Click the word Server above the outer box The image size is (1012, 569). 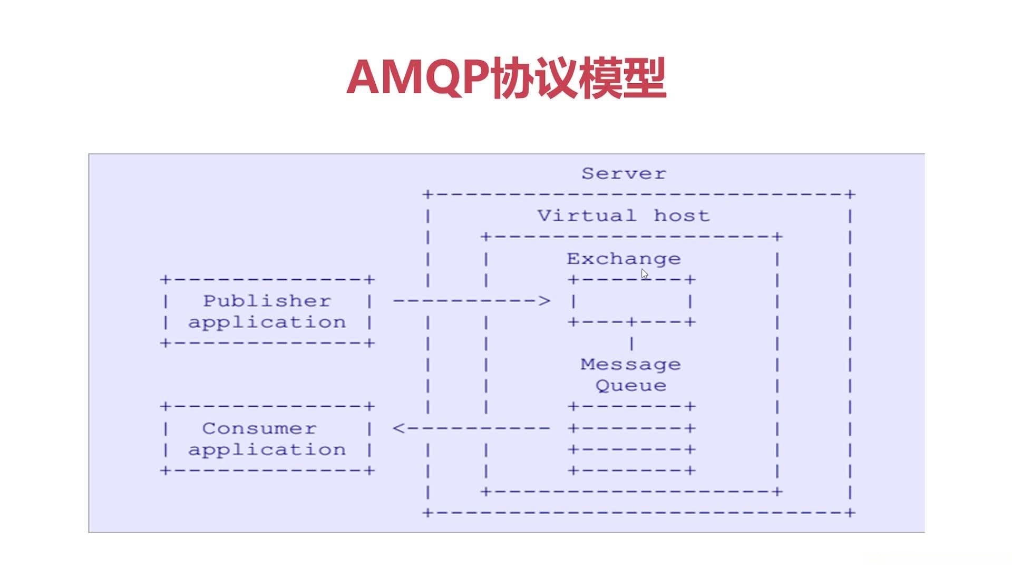(624, 173)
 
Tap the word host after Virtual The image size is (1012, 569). (682, 215)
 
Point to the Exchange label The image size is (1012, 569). (624, 259)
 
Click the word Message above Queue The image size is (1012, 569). (630, 364)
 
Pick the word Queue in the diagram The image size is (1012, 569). (630, 386)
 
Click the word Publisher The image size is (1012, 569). (267, 301)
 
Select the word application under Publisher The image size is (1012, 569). (267, 322)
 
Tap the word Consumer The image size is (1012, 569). (259, 428)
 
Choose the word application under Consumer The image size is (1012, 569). (267, 450)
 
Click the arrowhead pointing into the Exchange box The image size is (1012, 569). (544, 301)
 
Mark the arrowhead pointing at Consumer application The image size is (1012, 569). (399, 428)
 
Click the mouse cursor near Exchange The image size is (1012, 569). (645, 274)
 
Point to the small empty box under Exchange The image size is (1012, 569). (631, 301)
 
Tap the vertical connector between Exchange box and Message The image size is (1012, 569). (631, 344)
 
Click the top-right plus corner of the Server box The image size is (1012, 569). (850, 194)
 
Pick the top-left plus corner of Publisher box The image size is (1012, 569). (166, 279)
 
